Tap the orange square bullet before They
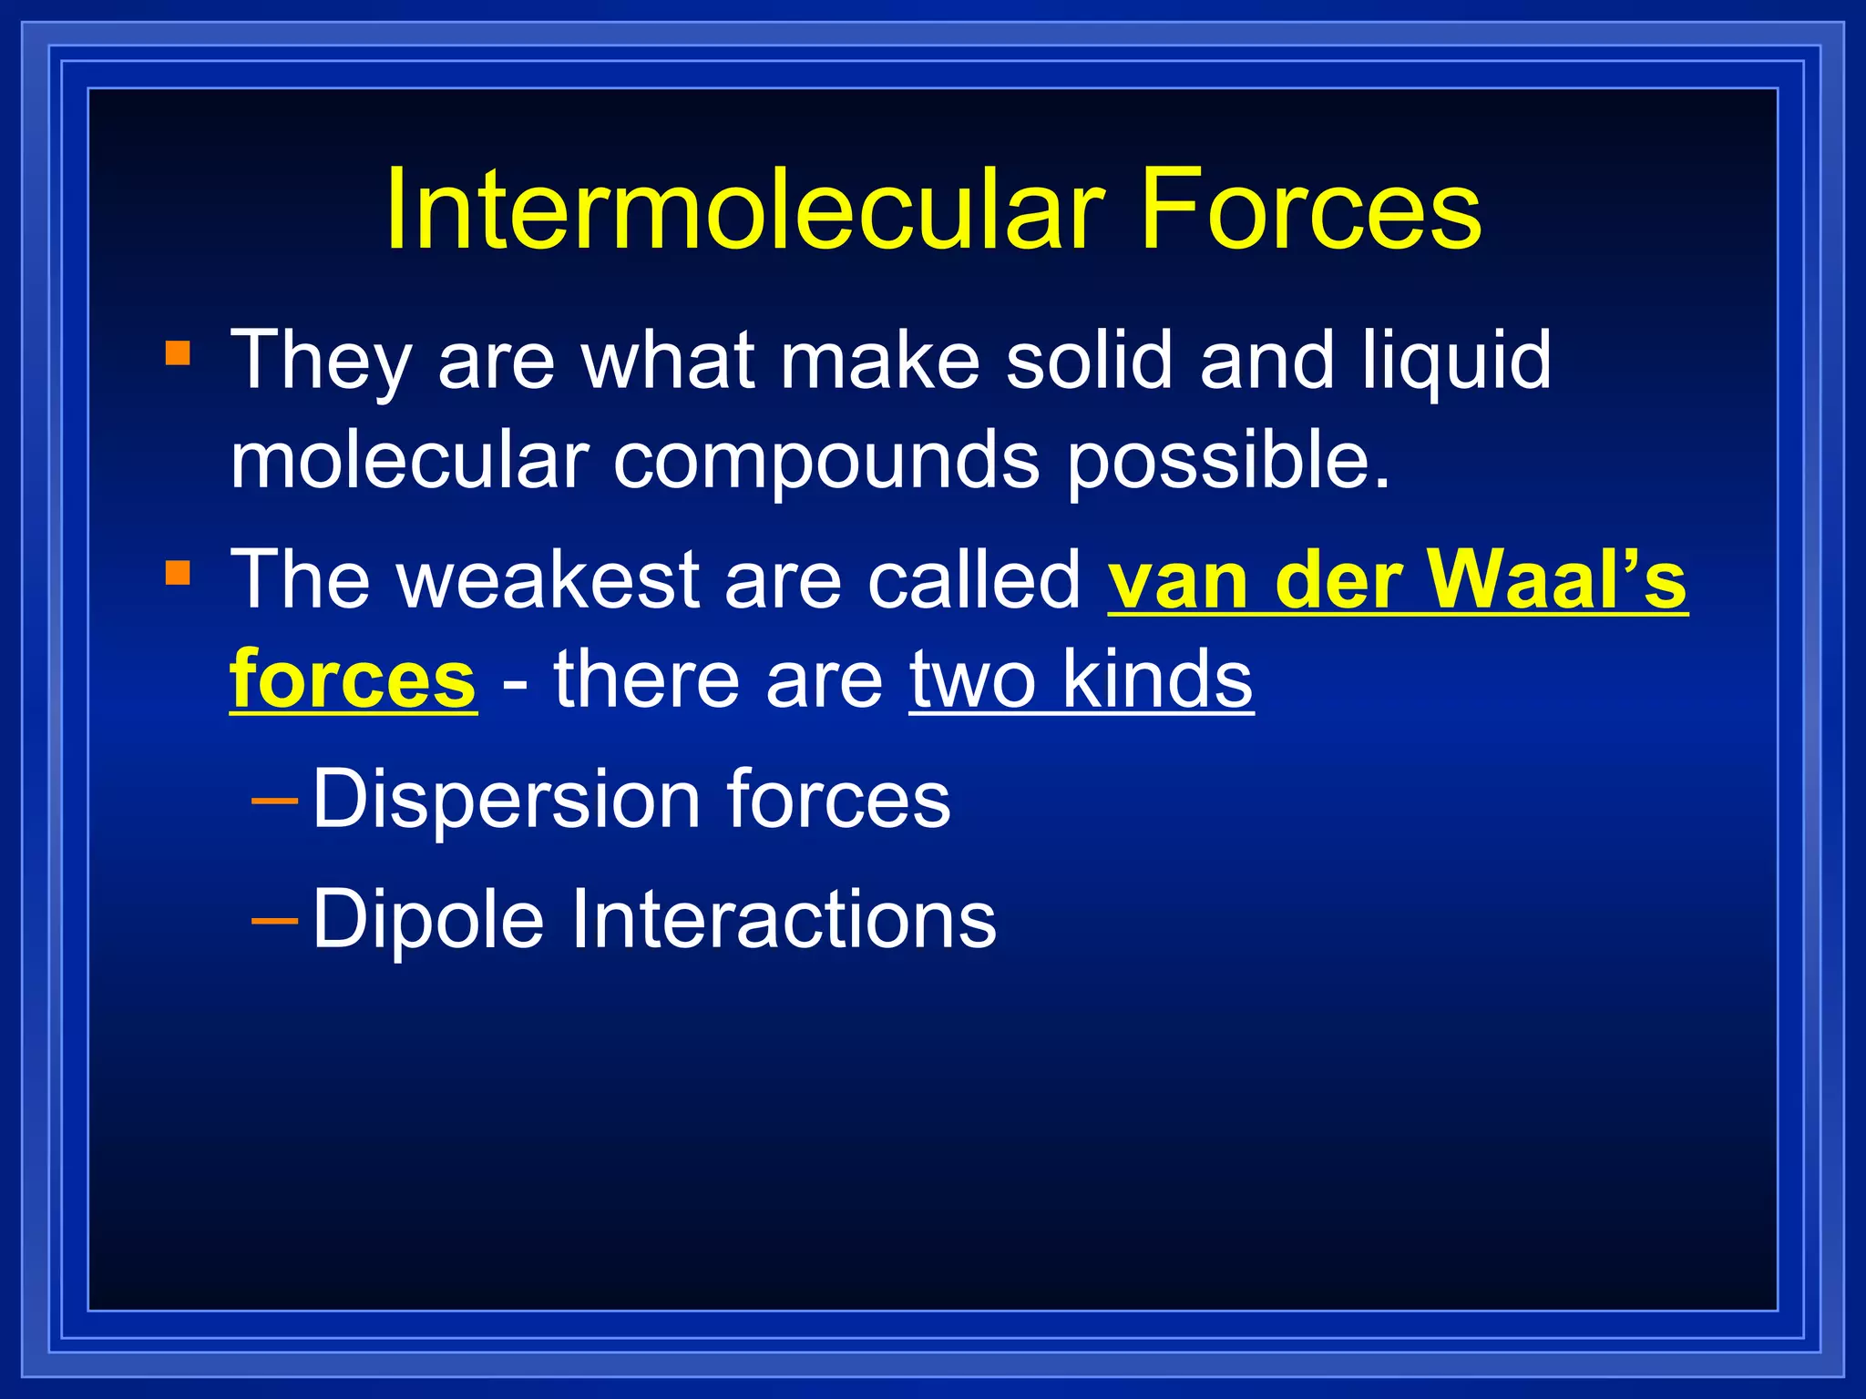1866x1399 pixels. (x=178, y=352)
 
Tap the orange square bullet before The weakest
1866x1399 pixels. (x=178, y=573)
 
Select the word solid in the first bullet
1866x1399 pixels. (x=1089, y=360)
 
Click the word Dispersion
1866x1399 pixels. (x=507, y=799)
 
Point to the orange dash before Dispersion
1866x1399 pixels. (x=274, y=801)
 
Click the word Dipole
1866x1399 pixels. (x=428, y=920)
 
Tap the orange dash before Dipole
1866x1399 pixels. (x=274, y=921)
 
